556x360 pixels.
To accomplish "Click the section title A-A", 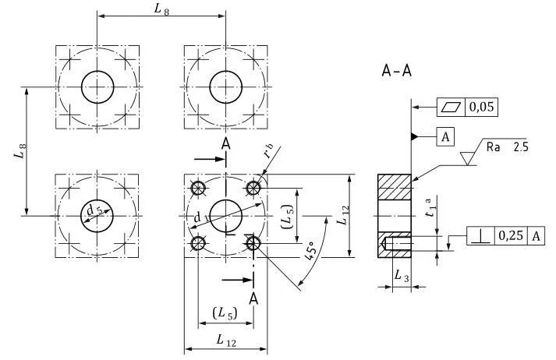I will [x=396, y=72].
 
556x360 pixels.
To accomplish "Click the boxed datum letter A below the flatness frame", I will [x=444, y=137].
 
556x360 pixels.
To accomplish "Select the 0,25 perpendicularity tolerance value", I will [x=510, y=236].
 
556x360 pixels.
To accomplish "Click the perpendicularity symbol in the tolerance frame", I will [x=480, y=236].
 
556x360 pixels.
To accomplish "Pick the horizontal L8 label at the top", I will [x=161, y=9].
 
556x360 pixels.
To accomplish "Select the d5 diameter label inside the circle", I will [x=94, y=210].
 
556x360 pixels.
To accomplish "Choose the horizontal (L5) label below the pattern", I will [x=225, y=312].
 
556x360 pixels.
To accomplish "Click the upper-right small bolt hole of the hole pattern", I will [x=253, y=188].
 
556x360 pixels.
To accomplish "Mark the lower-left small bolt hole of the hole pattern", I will [x=198, y=244].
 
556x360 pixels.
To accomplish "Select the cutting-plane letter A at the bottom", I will [x=253, y=298].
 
